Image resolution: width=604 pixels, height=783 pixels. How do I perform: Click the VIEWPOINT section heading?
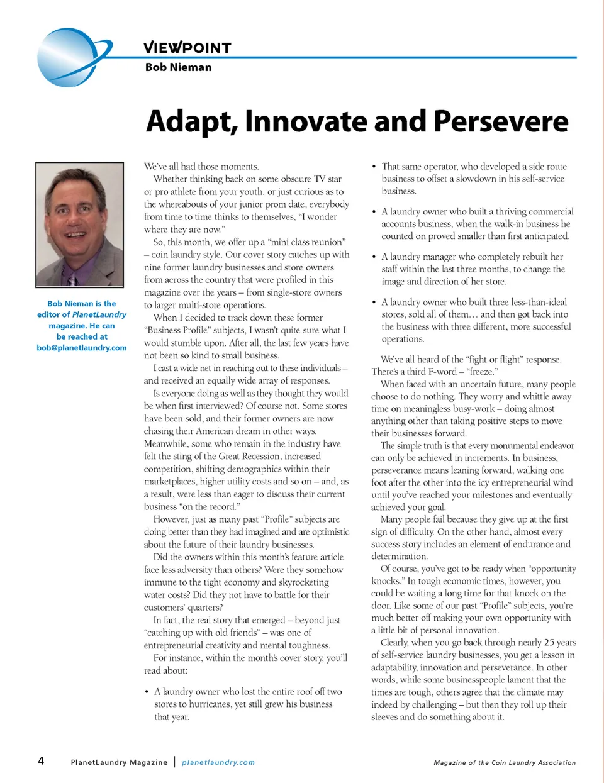187,47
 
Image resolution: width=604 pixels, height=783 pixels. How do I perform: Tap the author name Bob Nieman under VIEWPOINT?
178,67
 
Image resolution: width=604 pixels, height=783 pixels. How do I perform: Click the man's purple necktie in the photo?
74,277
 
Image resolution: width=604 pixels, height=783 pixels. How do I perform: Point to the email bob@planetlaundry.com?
82,348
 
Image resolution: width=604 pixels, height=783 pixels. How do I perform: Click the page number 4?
41,761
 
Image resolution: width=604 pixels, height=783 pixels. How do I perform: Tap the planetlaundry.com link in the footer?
218,762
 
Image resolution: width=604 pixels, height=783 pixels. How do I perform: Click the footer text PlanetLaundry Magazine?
119,762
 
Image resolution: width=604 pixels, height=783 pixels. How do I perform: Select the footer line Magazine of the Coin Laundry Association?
505,762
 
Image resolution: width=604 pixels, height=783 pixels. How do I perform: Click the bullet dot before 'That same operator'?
374,167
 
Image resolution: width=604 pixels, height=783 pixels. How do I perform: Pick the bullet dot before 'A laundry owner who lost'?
147,692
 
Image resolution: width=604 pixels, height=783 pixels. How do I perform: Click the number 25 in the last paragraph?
549,643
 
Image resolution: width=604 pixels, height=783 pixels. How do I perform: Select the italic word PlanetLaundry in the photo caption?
99,314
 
